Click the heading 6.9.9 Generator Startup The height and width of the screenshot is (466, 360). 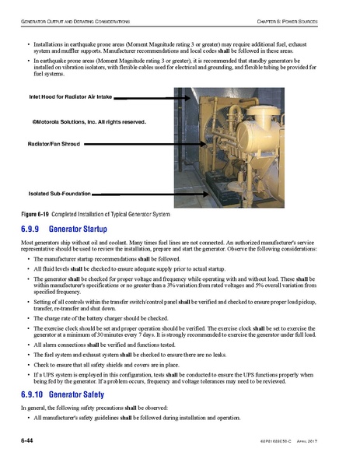click(x=68, y=229)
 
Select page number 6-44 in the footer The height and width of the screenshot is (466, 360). click(x=27, y=440)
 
